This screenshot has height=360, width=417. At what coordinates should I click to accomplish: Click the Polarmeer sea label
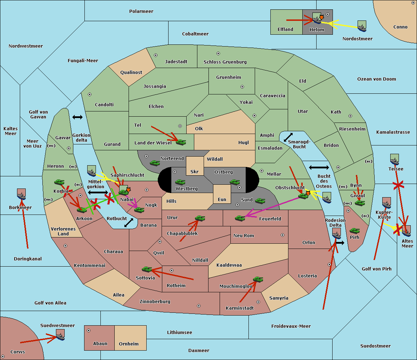pos(141,11)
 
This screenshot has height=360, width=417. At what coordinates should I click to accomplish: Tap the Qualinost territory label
pos(131,72)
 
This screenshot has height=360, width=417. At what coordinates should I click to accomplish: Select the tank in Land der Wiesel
pos(181,142)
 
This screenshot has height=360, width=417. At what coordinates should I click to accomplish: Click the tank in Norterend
pos(155,163)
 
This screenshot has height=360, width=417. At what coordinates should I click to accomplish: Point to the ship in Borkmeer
pos(22,194)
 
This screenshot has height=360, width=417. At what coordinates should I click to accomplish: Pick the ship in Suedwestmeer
pos(60,335)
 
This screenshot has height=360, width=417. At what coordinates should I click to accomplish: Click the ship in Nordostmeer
pos(362,26)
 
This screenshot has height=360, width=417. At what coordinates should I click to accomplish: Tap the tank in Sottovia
pos(147,269)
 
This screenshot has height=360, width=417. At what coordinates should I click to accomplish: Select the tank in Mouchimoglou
pos(258,279)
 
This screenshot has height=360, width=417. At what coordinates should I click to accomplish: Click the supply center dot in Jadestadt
pos(156,55)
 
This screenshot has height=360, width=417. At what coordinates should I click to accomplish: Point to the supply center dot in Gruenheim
pos(242,87)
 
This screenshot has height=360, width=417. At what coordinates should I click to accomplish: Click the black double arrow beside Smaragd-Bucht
pos(288,137)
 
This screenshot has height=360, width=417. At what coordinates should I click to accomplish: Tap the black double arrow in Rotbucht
pos(129,223)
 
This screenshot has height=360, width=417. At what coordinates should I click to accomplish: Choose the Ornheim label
pos(129,344)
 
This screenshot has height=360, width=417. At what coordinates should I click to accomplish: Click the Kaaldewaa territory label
pos(229,265)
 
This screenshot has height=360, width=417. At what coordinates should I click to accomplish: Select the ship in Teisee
pos(394,159)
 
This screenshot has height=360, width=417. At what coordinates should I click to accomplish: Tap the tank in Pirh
pos(354,231)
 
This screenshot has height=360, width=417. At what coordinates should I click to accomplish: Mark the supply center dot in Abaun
pos(89,330)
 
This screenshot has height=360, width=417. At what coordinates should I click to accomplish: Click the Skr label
pos(195,171)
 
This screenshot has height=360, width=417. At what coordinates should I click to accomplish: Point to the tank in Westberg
pos(180,182)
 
